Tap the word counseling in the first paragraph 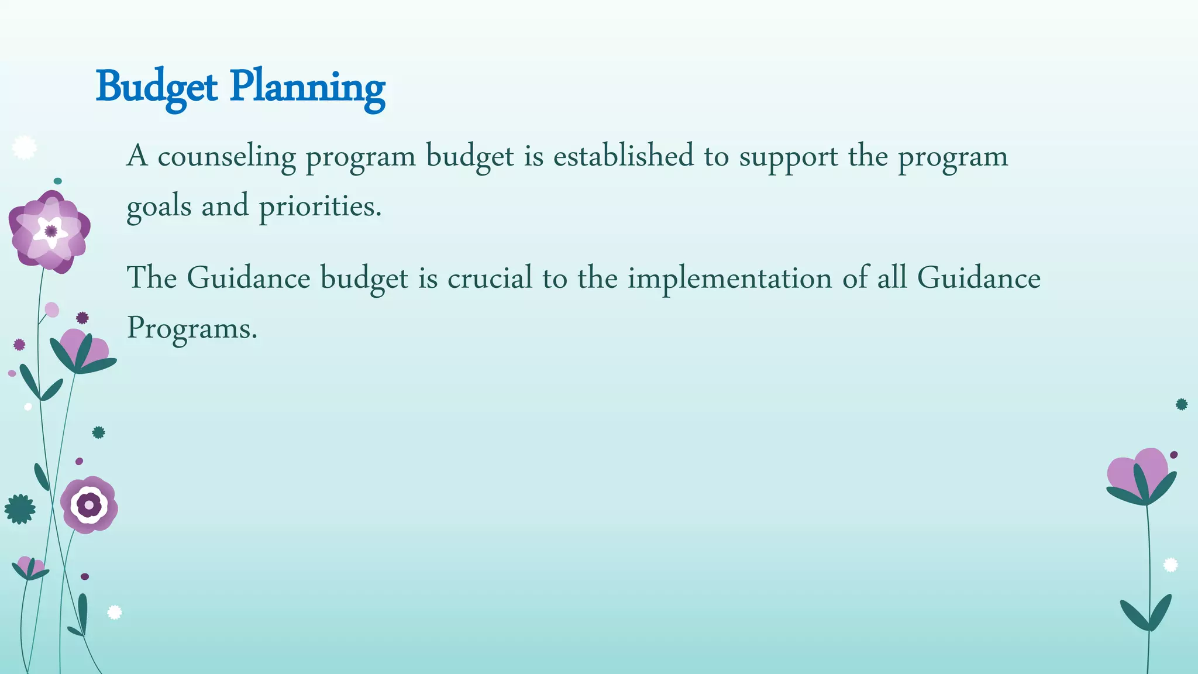click(226, 157)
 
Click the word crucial click(490, 278)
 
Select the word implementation click(729, 279)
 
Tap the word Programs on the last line click(192, 328)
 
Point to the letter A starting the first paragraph click(137, 156)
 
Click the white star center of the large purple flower click(51, 231)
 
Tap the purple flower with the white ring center click(89, 504)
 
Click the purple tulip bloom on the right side click(1141, 474)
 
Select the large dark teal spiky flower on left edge click(20, 509)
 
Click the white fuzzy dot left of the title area click(24, 147)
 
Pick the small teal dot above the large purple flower click(57, 181)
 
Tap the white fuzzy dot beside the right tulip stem click(1170, 565)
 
